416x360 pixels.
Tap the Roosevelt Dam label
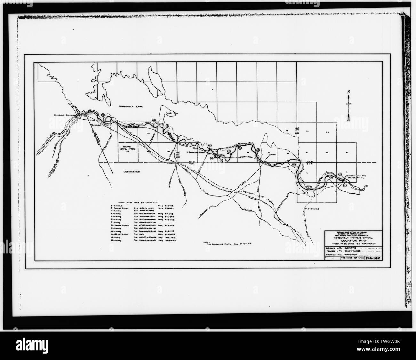click(60, 115)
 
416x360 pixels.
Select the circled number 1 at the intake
click(344, 185)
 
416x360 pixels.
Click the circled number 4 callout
click(294, 164)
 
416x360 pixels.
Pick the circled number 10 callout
click(210, 146)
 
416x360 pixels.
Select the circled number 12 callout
click(154, 120)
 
